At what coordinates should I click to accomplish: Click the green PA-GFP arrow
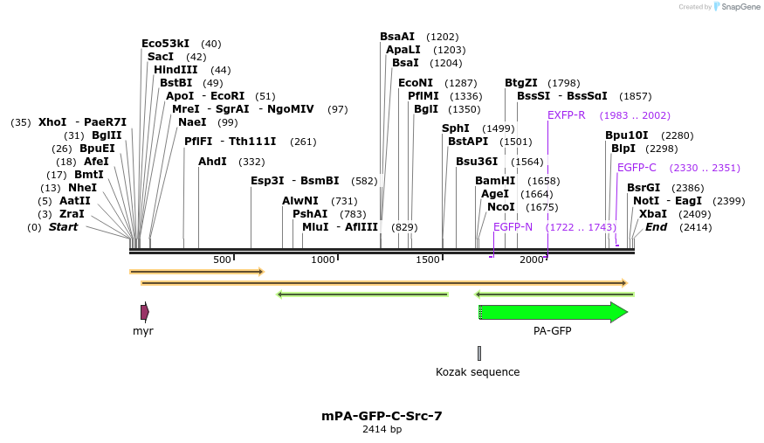click(552, 312)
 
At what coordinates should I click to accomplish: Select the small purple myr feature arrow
click(145, 312)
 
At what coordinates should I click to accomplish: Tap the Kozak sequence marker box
click(478, 353)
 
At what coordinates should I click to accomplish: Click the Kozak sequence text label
click(478, 372)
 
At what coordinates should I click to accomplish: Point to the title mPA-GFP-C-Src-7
click(382, 416)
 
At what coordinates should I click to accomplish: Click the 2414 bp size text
click(382, 429)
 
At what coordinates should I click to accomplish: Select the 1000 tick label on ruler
click(323, 260)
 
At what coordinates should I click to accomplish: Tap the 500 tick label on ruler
click(222, 260)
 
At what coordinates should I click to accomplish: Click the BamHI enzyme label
click(492, 181)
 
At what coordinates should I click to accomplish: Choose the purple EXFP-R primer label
click(566, 115)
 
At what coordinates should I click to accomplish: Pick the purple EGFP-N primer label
click(513, 227)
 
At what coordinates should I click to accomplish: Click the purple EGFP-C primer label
click(637, 168)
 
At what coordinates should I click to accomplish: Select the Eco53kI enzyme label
click(165, 44)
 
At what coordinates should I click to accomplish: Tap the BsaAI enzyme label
click(397, 37)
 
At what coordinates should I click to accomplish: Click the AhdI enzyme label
click(212, 162)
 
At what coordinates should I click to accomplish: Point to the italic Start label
click(63, 227)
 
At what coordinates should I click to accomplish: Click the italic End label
click(656, 227)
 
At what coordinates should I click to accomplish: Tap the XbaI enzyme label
click(652, 214)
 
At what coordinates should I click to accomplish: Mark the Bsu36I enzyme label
click(476, 162)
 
